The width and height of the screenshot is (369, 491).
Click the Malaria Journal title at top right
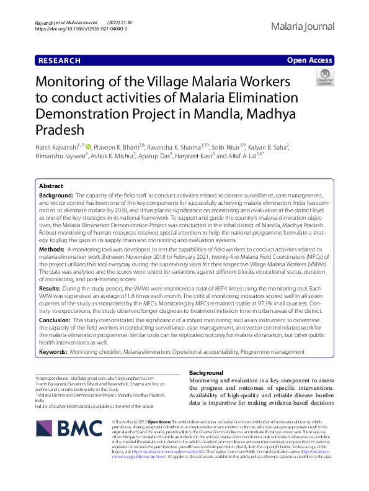coord(303,27)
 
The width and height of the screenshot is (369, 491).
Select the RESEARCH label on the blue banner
coord(59,60)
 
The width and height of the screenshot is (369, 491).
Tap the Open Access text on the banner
coord(310,60)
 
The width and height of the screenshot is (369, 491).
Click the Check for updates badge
coord(324,78)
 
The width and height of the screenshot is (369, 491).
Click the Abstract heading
coord(51,186)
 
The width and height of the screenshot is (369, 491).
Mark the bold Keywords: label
coord(53,351)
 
